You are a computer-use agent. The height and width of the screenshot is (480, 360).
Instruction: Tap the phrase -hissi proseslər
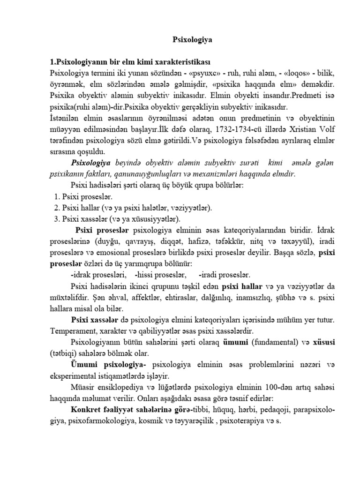point(161,275)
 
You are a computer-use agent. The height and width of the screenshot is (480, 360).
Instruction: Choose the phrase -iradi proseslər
point(225,275)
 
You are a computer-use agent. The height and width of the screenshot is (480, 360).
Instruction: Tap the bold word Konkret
point(87,409)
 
